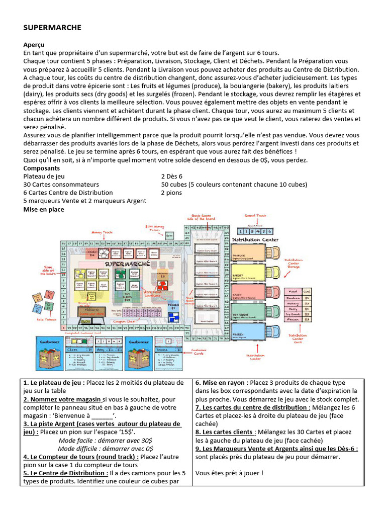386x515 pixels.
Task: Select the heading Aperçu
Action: tap(34, 45)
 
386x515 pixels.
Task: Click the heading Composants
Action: tap(42, 168)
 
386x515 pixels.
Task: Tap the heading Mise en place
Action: tap(44, 209)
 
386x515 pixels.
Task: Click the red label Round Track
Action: tap(255, 216)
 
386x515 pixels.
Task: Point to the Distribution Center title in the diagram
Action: tap(255, 240)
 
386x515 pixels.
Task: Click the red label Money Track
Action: tap(99, 232)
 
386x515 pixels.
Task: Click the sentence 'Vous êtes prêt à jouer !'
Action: tap(229, 473)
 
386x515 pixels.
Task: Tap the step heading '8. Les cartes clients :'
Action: tap(225, 432)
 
